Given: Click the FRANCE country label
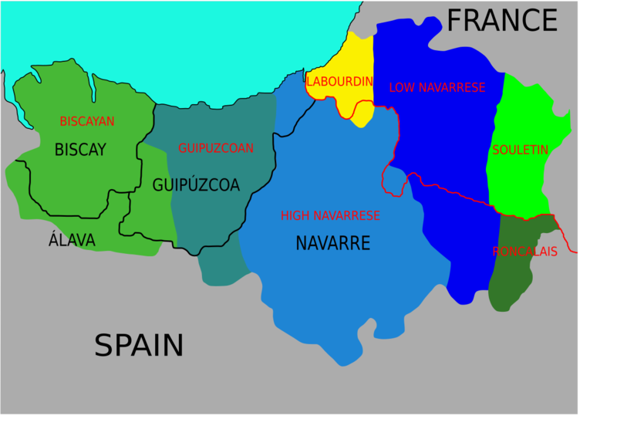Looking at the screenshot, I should pyautogui.click(x=501, y=20).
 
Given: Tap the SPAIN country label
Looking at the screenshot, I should pyautogui.click(x=139, y=345).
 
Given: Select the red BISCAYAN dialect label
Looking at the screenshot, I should pyautogui.click(x=87, y=121).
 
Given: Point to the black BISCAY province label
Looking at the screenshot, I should pyautogui.click(x=80, y=150).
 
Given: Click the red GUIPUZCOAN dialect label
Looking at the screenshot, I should pyautogui.click(x=216, y=148).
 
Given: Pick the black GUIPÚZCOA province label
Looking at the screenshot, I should pyautogui.click(x=196, y=185).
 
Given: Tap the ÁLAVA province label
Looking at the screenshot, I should pyautogui.click(x=72, y=241).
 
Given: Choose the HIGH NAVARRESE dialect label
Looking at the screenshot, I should pyautogui.click(x=330, y=216).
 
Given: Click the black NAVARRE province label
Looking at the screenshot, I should pyautogui.click(x=333, y=244).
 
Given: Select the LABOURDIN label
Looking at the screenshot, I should pyautogui.click(x=340, y=81).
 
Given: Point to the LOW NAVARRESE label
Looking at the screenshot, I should pyautogui.click(x=437, y=88).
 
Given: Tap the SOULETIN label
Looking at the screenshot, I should pyautogui.click(x=520, y=150).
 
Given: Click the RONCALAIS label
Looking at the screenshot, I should pyautogui.click(x=524, y=252).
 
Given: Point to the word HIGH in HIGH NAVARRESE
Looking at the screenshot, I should pyautogui.click(x=295, y=216).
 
